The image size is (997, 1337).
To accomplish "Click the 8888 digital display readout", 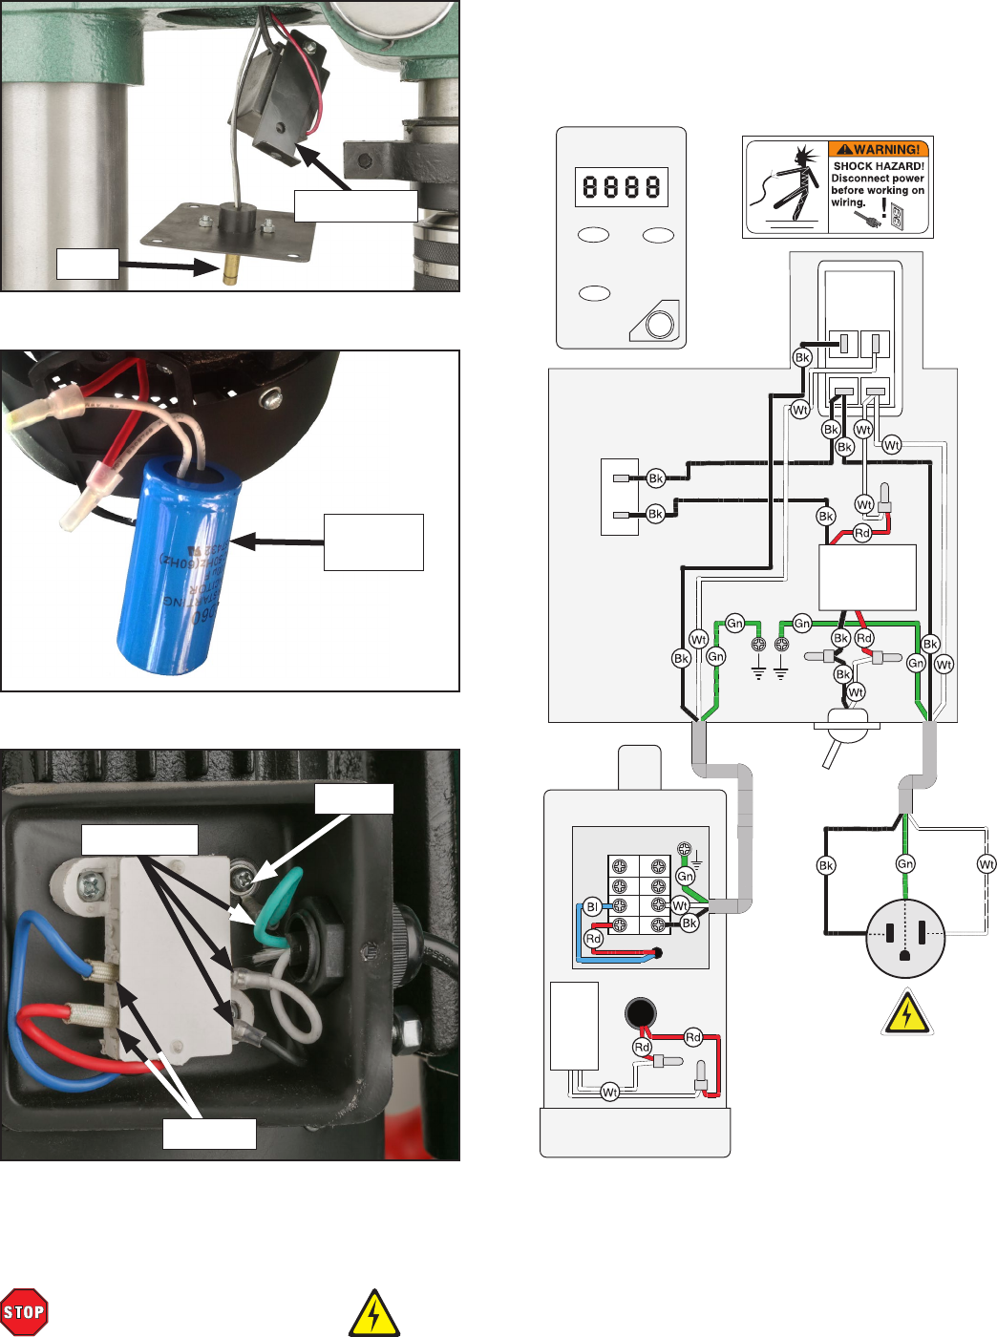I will pyautogui.click(x=622, y=186).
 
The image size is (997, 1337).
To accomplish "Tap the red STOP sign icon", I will pyautogui.click(x=24, y=1312).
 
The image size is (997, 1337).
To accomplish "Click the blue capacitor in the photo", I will pyautogui.click(x=177, y=563).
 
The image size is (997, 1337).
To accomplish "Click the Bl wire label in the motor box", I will pyautogui.click(x=592, y=906).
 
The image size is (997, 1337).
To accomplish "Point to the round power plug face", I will pyautogui.click(x=905, y=938).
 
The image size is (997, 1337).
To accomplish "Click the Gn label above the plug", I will pyautogui.click(x=905, y=863).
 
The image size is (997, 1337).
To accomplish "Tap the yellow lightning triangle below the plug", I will pyautogui.click(x=906, y=1014).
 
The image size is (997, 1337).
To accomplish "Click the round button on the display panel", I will pyautogui.click(x=660, y=325).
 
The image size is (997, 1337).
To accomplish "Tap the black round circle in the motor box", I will pyautogui.click(x=639, y=1012).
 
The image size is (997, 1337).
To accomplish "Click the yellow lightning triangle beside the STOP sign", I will pyautogui.click(x=374, y=1314).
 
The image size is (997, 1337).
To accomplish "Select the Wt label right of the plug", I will pyautogui.click(x=986, y=864).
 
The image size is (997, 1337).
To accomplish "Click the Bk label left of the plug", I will pyautogui.click(x=826, y=865).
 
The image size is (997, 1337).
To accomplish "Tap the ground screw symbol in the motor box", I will pyautogui.click(x=684, y=849).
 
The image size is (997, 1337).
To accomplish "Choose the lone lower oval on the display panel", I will pyautogui.click(x=594, y=292).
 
